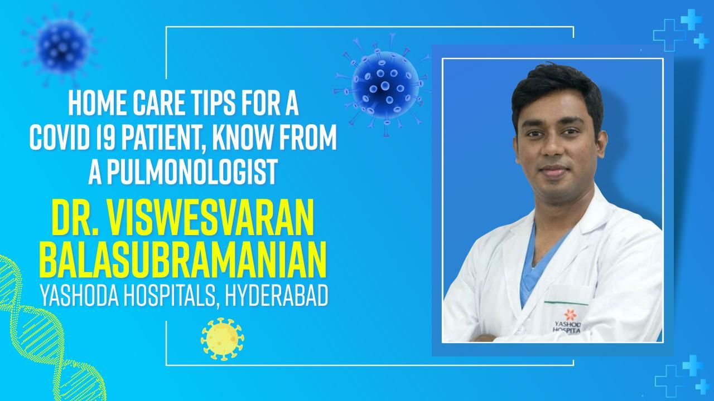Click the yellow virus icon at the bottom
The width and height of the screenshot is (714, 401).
[x=222, y=339]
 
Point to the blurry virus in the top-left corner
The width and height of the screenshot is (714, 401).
[x=63, y=42]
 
